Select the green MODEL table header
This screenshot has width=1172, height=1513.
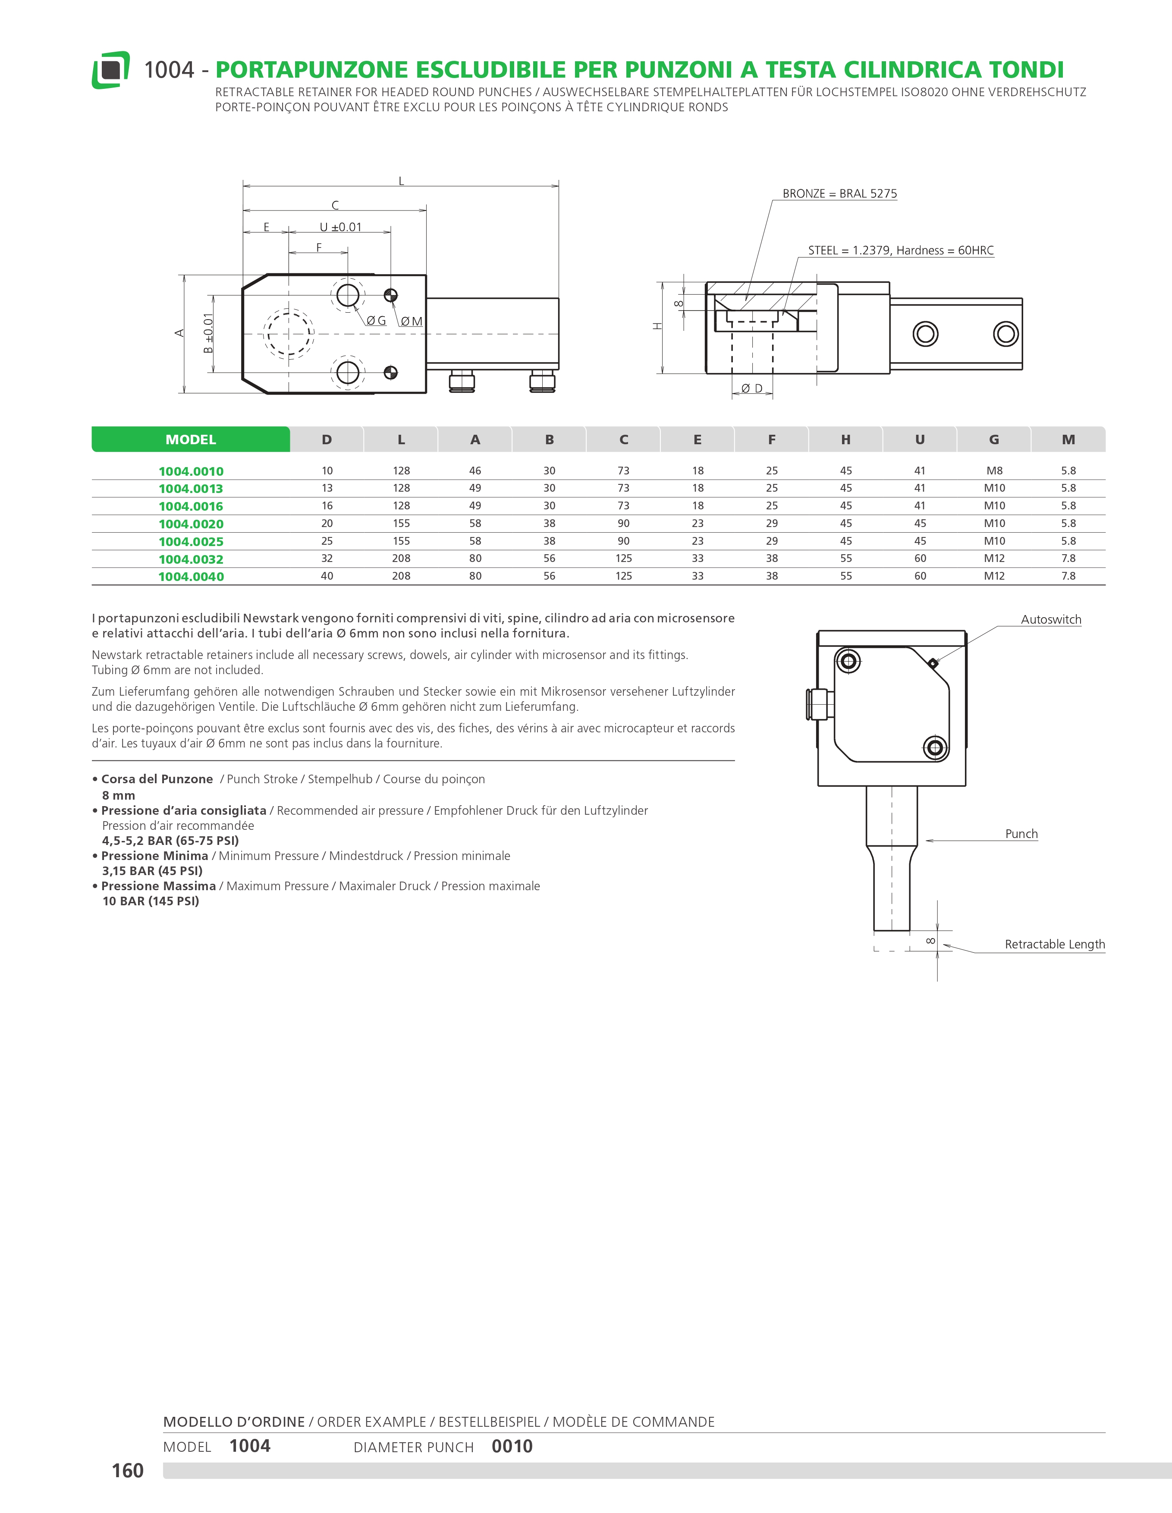(x=191, y=439)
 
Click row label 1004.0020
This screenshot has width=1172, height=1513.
(x=191, y=524)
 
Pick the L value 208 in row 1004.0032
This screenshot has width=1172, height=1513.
(x=401, y=559)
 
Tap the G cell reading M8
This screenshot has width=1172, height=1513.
(x=994, y=471)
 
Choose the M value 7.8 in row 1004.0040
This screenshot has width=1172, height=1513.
(x=1068, y=576)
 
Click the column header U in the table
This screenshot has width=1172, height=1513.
(x=920, y=439)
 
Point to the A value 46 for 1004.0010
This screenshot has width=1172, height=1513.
(x=475, y=471)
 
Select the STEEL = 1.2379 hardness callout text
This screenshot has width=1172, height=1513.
(x=901, y=250)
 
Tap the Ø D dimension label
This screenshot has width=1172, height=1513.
(x=751, y=389)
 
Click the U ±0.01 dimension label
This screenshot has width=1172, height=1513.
(x=340, y=227)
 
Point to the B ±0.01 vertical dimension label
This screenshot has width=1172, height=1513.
(x=208, y=333)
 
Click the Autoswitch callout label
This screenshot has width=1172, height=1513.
(x=1051, y=619)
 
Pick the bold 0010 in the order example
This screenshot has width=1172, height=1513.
(x=512, y=1447)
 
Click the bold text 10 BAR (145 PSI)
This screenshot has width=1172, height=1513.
(x=150, y=901)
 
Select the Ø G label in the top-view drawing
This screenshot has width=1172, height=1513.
(x=376, y=321)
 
